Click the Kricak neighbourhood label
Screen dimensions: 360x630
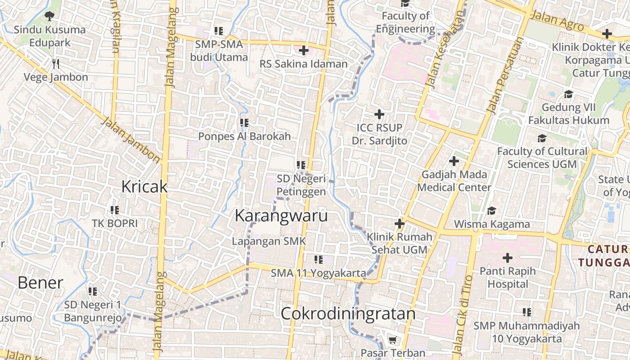[144, 186]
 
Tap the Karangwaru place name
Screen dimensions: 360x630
[281, 216]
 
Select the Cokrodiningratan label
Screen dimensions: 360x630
[348, 314]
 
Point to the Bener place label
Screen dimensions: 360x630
[40, 283]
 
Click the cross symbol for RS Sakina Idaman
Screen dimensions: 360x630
[304, 50]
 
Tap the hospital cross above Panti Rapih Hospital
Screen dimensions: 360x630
[508, 258]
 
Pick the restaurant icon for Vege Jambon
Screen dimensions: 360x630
[56, 63]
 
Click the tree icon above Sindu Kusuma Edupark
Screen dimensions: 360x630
[49, 16]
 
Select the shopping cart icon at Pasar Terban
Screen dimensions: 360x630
[392, 340]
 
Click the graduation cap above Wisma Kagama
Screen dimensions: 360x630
[491, 211]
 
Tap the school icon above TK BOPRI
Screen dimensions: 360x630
[115, 210]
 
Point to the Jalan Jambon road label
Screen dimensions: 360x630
[131, 140]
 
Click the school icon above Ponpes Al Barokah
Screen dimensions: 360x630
[244, 122]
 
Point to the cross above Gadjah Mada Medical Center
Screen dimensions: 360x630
[454, 161]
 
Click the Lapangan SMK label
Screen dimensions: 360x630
[269, 241]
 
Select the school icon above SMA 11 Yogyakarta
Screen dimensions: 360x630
[319, 259]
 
